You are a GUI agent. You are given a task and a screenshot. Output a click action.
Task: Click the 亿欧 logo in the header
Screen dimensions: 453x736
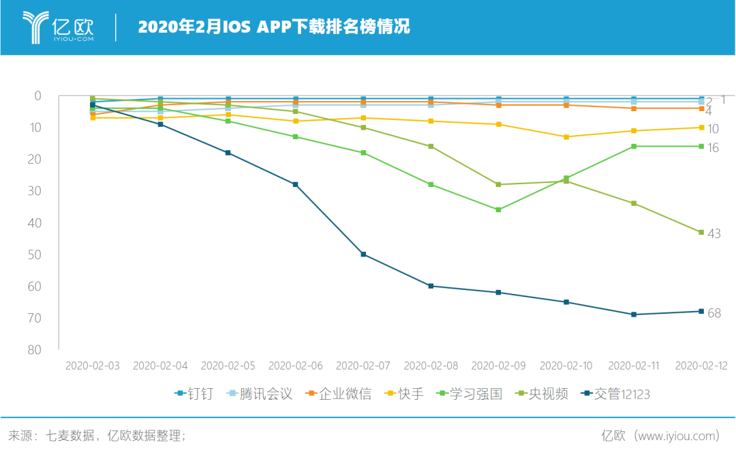click(x=58, y=27)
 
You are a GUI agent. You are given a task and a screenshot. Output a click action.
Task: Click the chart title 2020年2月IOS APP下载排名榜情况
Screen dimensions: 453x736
click(x=273, y=27)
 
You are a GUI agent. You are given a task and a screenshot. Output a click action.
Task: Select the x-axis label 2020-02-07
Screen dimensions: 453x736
click(x=363, y=366)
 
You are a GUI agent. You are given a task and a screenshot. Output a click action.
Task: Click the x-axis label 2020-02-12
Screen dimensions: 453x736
click(x=701, y=366)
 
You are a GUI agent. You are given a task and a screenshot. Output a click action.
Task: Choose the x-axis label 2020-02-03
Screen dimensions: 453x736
click(x=93, y=366)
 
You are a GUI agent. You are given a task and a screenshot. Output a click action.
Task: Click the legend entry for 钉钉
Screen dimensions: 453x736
click(x=194, y=394)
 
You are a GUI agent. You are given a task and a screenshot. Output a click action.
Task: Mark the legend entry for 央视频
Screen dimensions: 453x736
click(x=542, y=394)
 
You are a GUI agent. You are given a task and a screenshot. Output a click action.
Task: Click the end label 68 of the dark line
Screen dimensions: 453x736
click(x=714, y=314)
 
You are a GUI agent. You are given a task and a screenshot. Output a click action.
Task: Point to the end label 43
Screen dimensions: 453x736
click(x=714, y=234)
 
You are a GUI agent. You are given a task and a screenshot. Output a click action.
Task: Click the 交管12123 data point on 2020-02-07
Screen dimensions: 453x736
click(x=363, y=254)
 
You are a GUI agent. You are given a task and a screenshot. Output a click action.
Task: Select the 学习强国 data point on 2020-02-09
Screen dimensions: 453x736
click(x=498, y=209)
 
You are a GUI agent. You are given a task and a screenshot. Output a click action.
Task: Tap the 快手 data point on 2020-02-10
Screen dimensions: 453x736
click(x=566, y=137)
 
